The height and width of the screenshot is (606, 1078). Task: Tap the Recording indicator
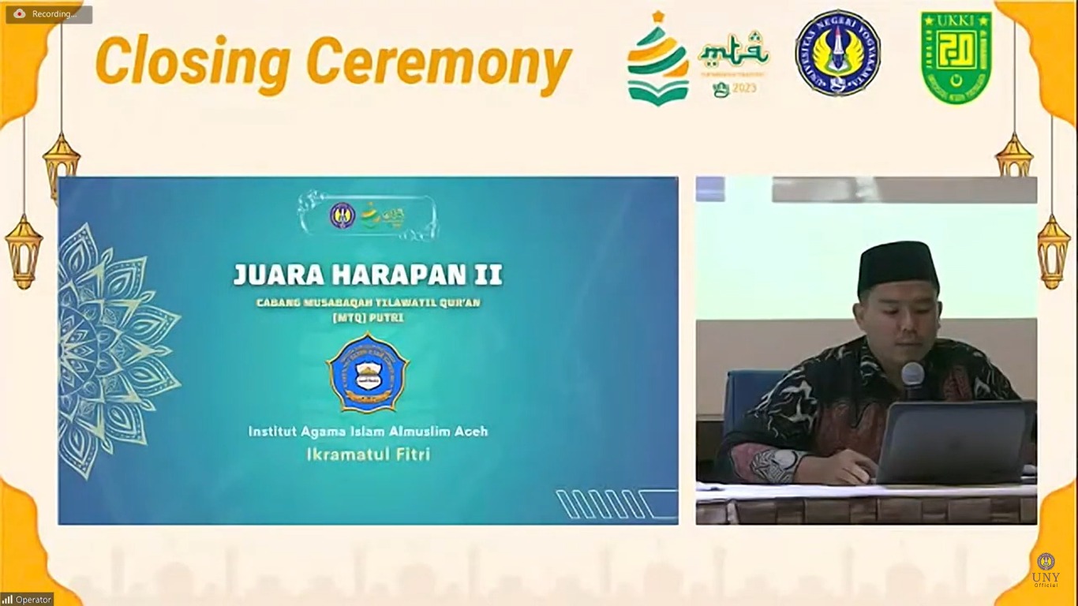[x=49, y=14]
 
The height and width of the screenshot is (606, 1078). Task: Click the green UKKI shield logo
[x=956, y=57]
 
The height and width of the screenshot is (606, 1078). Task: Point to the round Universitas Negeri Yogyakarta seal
[x=837, y=54]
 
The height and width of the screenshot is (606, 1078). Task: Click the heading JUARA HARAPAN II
[x=368, y=275]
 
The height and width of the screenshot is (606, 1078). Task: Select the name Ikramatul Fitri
[x=368, y=454]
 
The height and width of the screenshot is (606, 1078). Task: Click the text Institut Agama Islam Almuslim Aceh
[x=368, y=432]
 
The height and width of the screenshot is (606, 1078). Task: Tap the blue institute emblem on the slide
[x=368, y=372]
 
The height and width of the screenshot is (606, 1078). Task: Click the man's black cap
[x=897, y=264]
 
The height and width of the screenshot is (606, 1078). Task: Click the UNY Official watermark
[x=1046, y=570]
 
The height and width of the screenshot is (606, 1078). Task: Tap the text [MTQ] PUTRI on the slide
[x=368, y=317]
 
